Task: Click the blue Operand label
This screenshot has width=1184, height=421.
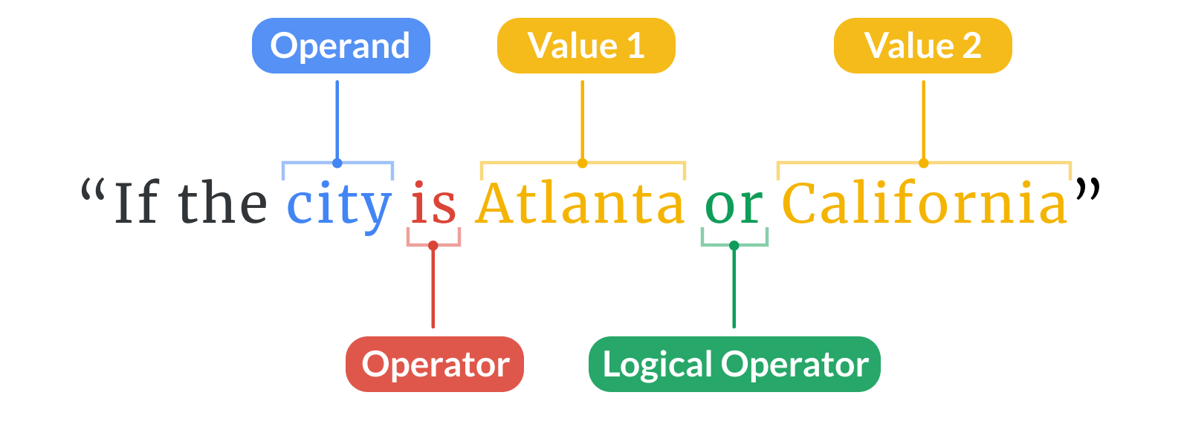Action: (x=341, y=45)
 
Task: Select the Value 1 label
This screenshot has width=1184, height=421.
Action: (x=586, y=45)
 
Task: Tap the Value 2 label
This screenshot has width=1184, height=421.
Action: (x=923, y=45)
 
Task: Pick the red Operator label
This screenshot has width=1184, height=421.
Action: (x=435, y=364)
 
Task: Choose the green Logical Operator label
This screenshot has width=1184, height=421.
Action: (x=735, y=364)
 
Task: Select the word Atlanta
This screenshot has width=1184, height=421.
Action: (x=580, y=203)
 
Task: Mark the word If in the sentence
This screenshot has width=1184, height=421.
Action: (x=136, y=203)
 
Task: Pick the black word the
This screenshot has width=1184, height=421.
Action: (x=222, y=202)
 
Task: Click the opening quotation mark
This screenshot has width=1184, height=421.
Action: (x=92, y=189)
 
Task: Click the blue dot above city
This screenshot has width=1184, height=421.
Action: (x=337, y=163)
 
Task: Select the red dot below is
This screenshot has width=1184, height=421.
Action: (x=433, y=246)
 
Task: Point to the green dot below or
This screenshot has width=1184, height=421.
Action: (x=734, y=246)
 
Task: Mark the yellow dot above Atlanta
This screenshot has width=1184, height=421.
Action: (x=583, y=163)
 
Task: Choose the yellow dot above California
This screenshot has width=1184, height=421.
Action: (x=924, y=163)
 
